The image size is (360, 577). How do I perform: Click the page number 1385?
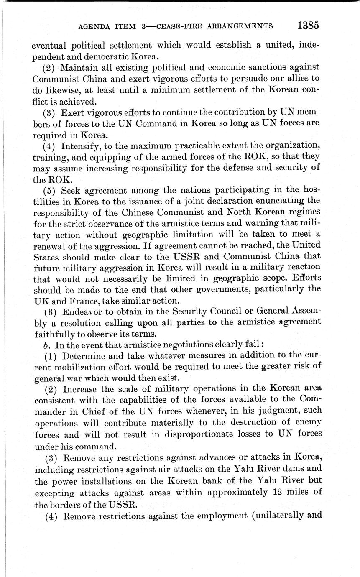(308, 26)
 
